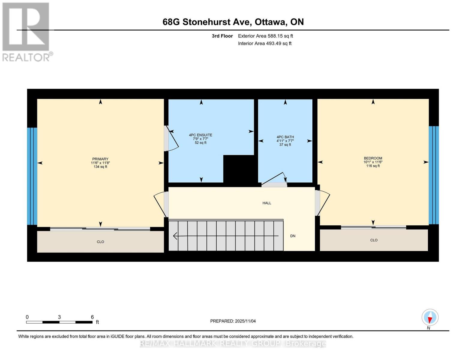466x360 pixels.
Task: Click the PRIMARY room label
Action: (100, 159)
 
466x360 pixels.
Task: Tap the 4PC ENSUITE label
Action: (200, 135)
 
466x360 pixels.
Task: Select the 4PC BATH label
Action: (285, 137)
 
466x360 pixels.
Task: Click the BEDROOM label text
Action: (373, 158)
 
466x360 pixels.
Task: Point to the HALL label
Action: (267, 203)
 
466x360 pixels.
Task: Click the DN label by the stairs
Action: (293, 236)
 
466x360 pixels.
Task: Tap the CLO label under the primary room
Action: (100, 242)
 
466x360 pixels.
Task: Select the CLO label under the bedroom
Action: (374, 240)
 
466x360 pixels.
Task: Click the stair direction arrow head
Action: (175, 236)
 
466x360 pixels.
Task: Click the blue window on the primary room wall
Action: (32, 176)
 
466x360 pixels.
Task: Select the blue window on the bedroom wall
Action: (434, 175)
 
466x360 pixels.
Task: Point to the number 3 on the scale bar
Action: (59, 317)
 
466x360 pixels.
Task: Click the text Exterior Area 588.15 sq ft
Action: (265, 36)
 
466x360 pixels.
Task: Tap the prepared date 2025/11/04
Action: (245, 321)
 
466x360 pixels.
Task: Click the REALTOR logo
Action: (26, 31)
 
